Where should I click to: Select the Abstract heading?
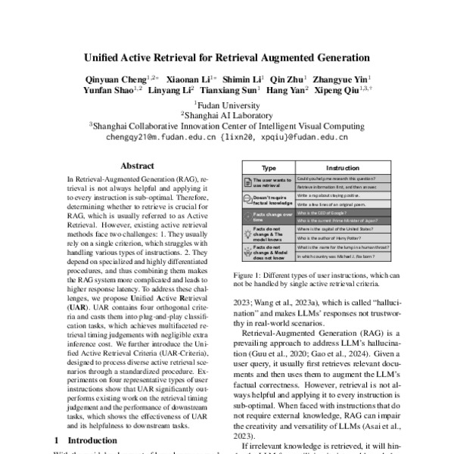pos(137,166)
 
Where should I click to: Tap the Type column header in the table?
pos(268,167)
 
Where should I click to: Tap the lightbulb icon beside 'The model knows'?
pos(247,234)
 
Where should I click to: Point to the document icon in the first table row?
pos(247,182)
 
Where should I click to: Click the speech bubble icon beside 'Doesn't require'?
pos(247,198)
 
